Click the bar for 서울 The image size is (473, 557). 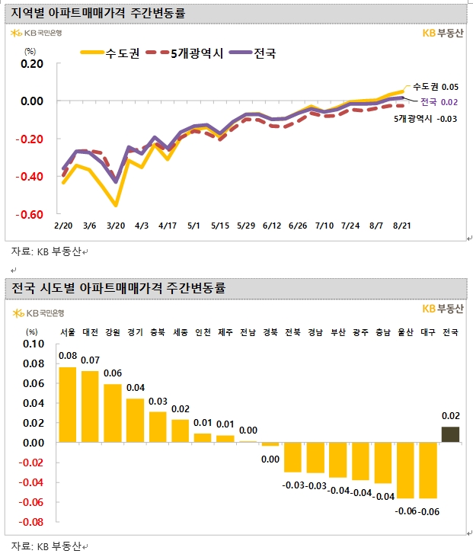(x=68, y=405)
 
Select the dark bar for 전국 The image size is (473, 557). (x=450, y=434)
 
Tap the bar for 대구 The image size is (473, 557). (x=428, y=470)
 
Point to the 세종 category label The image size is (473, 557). (x=181, y=332)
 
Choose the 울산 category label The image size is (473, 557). (x=405, y=332)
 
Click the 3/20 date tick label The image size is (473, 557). (x=117, y=227)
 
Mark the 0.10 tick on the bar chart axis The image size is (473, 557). (x=34, y=344)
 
